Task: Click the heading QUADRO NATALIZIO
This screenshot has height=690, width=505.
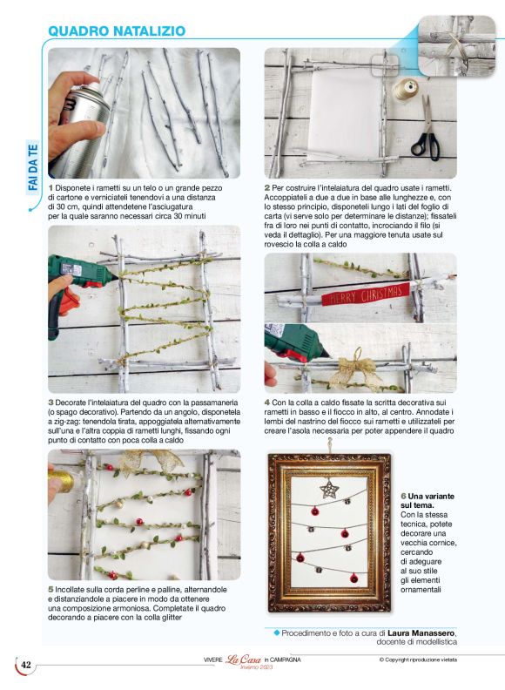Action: [116, 30]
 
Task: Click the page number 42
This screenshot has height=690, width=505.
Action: [26, 666]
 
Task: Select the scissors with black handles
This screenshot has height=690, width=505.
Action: [424, 132]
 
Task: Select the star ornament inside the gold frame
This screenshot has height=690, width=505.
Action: [329, 489]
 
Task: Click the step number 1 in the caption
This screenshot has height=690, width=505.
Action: [51, 187]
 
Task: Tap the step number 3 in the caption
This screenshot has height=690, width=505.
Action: [51, 402]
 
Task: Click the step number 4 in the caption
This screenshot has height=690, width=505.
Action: [267, 402]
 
